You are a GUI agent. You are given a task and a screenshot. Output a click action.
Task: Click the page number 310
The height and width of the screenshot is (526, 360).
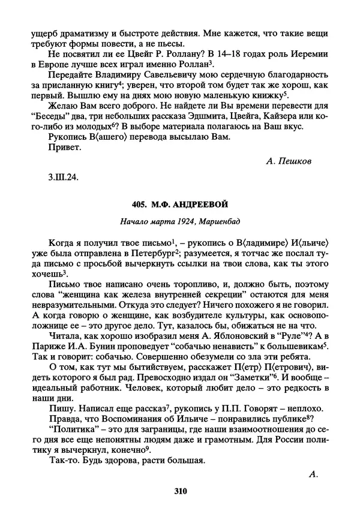click(x=180, y=492)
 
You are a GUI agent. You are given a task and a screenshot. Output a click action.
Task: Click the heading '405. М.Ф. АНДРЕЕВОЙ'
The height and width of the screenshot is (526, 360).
click(x=180, y=205)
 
